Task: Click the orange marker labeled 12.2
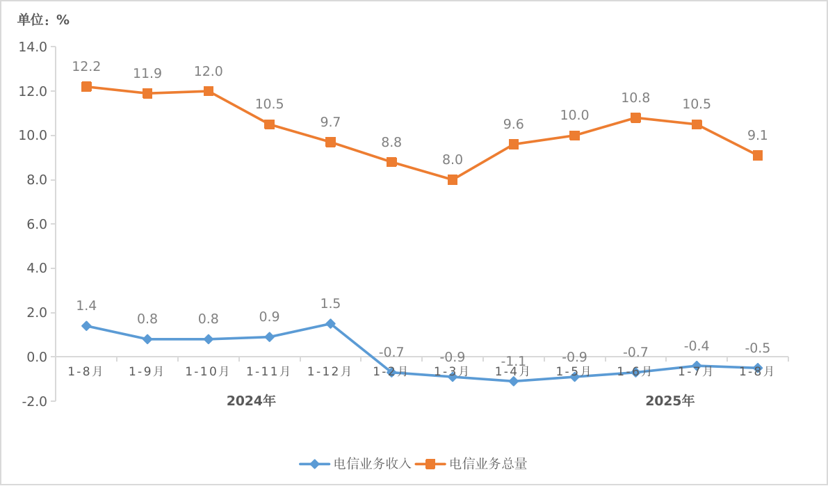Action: (86, 87)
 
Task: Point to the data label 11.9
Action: (147, 74)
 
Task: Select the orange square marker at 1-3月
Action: (453, 179)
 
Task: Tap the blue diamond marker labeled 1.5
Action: (330, 324)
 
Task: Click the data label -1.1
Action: (513, 361)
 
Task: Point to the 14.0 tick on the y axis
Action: (33, 47)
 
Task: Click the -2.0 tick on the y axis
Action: (34, 401)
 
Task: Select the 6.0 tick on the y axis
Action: (33, 224)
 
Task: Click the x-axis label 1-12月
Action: (330, 371)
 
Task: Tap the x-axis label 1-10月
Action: (208, 371)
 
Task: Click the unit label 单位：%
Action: (43, 20)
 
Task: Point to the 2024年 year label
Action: (251, 401)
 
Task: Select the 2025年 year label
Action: (669, 401)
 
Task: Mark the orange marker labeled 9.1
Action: (757, 156)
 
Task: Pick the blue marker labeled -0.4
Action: (697, 366)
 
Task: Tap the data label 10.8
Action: (635, 98)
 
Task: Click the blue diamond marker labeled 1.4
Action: (86, 326)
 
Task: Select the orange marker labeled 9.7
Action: (330, 142)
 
